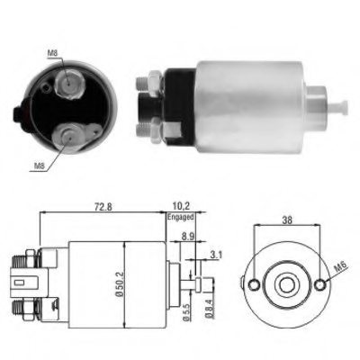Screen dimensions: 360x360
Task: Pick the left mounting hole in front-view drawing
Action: tap(256, 285)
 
